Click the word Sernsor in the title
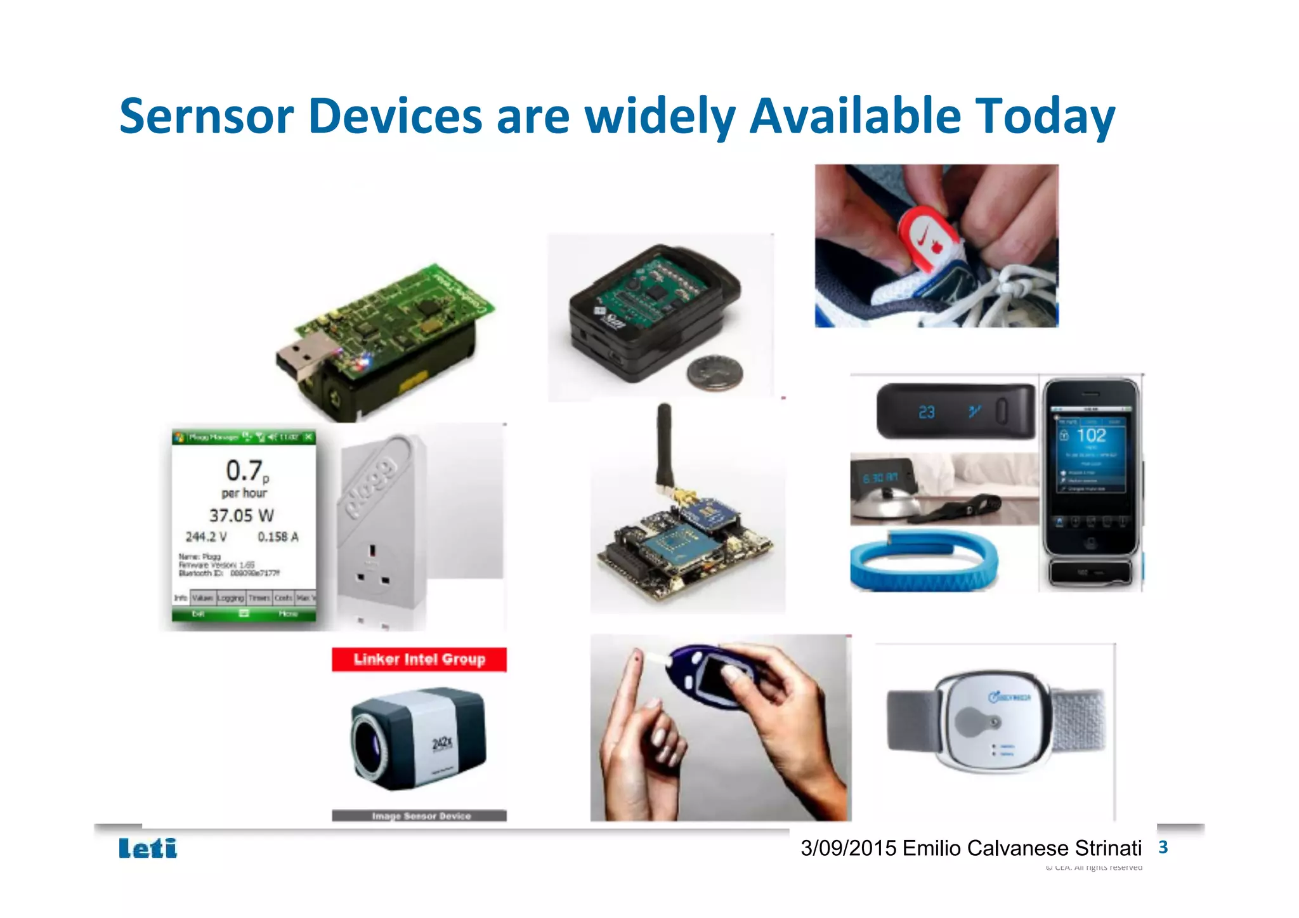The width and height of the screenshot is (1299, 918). coord(206,116)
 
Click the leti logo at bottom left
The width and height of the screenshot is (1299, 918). coord(148,848)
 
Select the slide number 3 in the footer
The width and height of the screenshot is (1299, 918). coord(1163,847)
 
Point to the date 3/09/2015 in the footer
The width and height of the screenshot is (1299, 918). coord(848,848)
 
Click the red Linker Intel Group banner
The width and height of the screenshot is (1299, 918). coord(419,659)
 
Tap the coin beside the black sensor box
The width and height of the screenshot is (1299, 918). coord(714,372)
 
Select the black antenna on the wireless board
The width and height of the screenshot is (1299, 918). coord(664,444)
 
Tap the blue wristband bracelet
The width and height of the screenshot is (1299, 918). coord(924,561)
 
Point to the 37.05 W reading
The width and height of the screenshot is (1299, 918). coord(242,515)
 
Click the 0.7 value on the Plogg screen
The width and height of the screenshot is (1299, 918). coord(244,470)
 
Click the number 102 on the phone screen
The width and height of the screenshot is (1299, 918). coord(1091,435)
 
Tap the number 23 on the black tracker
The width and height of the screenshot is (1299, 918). coord(926,412)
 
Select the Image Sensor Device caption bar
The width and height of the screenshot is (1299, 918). coord(419,816)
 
